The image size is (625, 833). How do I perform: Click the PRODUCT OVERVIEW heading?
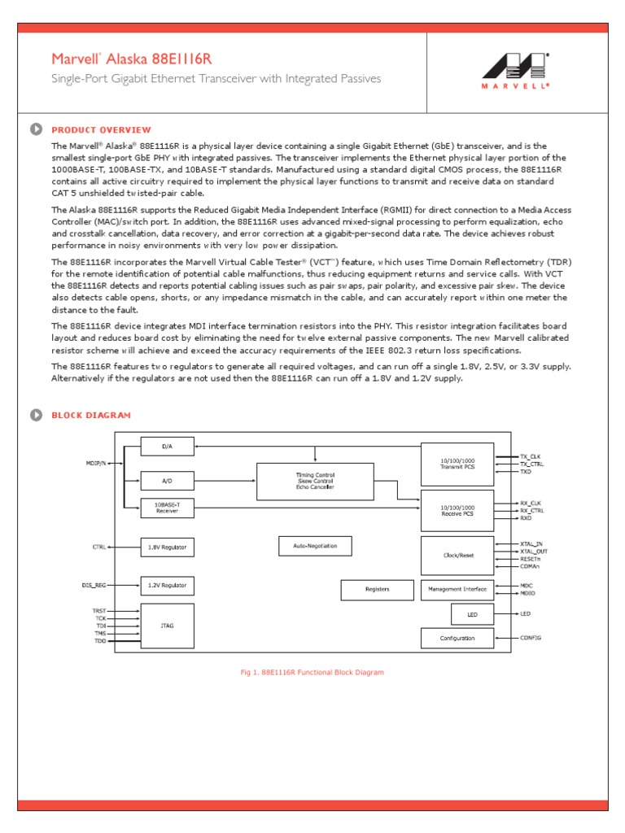pyautogui.click(x=101, y=129)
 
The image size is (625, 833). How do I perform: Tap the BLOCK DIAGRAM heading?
pyautogui.click(x=90, y=415)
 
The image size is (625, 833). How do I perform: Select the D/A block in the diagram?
pyautogui.click(x=168, y=446)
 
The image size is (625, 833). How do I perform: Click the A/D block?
pyautogui.click(x=168, y=481)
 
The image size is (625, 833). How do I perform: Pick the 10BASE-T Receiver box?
pyautogui.click(x=168, y=508)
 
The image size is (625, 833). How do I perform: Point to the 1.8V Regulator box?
pyautogui.click(x=168, y=547)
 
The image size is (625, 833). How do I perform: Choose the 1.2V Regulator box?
pyautogui.click(x=168, y=585)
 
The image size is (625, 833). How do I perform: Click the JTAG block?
pyautogui.click(x=168, y=626)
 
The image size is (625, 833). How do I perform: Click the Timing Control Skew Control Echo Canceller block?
pyautogui.click(x=315, y=481)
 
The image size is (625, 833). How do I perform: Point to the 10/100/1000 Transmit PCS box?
pyautogui.click(x=457, y=463)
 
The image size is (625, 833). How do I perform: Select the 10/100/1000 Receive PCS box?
pyautogui.click(x=457, y=510)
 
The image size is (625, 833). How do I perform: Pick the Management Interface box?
pyautogui.click(x=457, y=589)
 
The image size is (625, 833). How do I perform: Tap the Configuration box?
pyautogui.click(x=457, y=638)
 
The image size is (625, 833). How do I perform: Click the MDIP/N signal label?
pyautogui.click(x=98, y=463)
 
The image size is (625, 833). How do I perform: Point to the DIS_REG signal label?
pyautogui.click(x=94, y=585)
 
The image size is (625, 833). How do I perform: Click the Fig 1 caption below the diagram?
pyautogui.click(x=312, y=673)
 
